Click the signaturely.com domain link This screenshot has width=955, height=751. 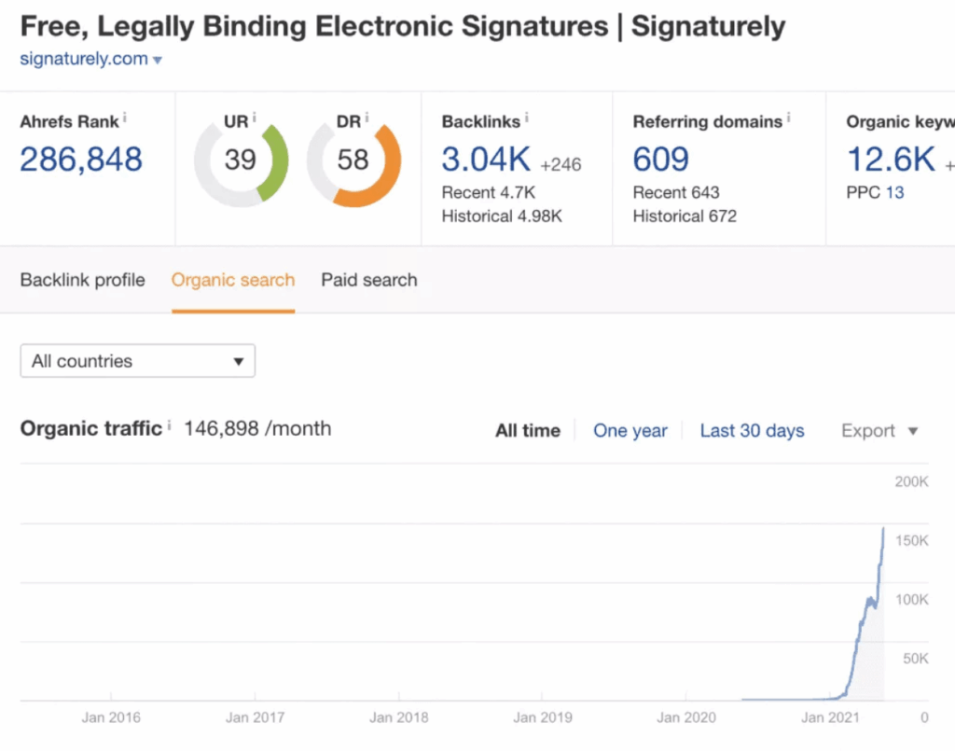pos(84,59)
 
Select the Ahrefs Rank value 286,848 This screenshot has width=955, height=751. pos(81,160)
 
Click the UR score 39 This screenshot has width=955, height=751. pos(240,160)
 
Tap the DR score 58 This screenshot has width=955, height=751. pos(353,160)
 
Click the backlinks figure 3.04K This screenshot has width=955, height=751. pos(486,160)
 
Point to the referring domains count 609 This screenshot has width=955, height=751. pos(660,160)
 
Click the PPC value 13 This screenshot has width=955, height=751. pos(894,193)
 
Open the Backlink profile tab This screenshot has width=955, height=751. pos(83,280)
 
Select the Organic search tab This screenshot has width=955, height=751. pos(233,280)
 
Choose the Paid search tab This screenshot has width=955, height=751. pos(369,280)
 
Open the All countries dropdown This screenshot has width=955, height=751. pos(137,361)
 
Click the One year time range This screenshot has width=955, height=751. pos(630,431)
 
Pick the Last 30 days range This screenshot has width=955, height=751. pos(752,431)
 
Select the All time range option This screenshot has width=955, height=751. pos(528,431)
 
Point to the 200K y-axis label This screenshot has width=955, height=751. pos(911,482)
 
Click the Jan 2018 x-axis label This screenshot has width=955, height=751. pos(399,717)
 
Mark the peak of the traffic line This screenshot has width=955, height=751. pos(883,529)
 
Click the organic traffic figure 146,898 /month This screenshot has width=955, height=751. pos(257,429)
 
